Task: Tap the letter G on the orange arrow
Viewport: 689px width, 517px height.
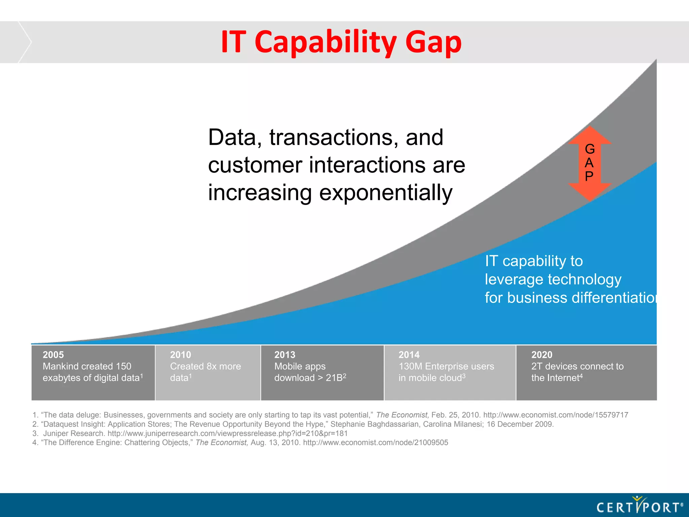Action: (590, 149)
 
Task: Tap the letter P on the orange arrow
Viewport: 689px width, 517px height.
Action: (589, 176)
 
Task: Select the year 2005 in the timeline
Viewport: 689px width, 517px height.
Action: (53, 355)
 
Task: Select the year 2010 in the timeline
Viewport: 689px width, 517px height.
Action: (180, 355)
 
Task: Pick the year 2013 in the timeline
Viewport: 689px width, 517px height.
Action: (285, 355)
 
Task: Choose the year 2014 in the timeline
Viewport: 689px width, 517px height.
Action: (409, 355)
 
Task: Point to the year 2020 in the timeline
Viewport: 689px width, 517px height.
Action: (542, 355)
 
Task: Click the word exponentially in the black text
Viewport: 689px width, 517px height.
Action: (386, 193)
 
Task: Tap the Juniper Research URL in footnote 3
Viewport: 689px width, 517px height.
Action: (227, 434)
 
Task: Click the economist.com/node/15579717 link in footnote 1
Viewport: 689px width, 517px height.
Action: (555, 415)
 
